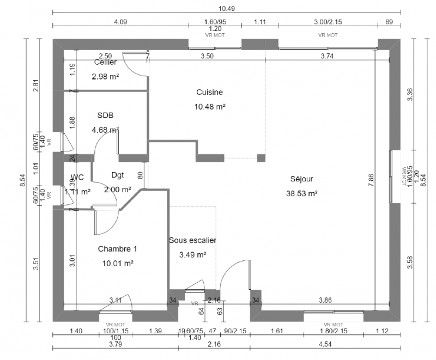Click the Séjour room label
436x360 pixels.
click(301, 178)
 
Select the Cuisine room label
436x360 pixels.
click(210, 92)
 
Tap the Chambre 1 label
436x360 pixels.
click(117, 249)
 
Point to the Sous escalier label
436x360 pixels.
click(192, 240)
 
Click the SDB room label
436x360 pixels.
click(106, 115)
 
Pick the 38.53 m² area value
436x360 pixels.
click(301, 193)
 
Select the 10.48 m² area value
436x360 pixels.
click(210, 107)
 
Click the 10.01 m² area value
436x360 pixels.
click(118, 263)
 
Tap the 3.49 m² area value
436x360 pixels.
click(192, 254)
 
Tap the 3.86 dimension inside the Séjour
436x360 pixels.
click(325, 300)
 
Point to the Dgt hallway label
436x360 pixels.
click(117, 175)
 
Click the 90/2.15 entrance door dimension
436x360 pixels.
click(235, 331)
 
